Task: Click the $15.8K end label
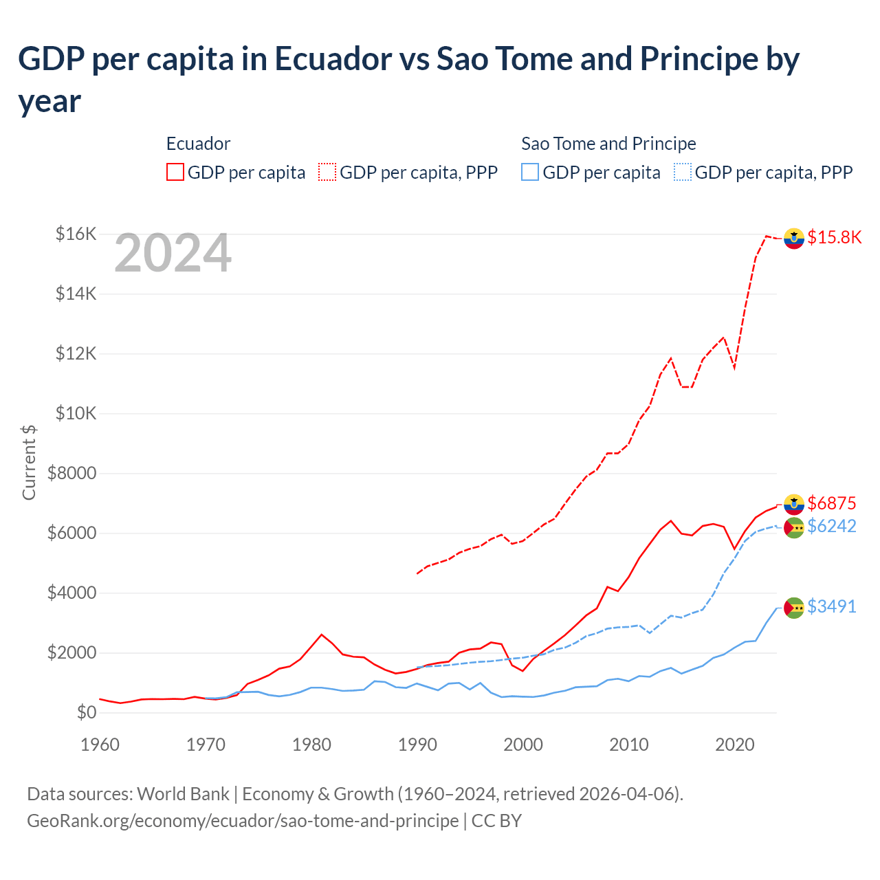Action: click(x=834, y=237)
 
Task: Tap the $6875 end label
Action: click(x=831, y=503)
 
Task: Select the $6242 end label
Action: click(x=831, y=526)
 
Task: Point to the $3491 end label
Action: click(x=831, y=606)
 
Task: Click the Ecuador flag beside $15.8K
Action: click(x=794, y=238)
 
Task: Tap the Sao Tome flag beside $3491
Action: click(x=794, y=607)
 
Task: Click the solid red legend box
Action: click(x=175, y=172)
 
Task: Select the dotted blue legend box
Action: click(x=683, y=172)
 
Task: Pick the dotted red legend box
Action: click(x=327, y=172)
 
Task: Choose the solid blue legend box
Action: click(x=530, y=172)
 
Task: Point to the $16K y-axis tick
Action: click(x=76, y=234)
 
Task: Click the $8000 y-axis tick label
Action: click(x=71, y=473)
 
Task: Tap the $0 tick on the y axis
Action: click(x=86, y=712)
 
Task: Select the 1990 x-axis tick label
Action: click(x=417, y=745)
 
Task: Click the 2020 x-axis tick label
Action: click(x=735, y=745)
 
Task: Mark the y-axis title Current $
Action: click(x=29, y=462)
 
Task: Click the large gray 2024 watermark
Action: click(x=173, y=253)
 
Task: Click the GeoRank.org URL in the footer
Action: click(x=243, y=821)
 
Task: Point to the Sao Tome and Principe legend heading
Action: click(x=608, y=144)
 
